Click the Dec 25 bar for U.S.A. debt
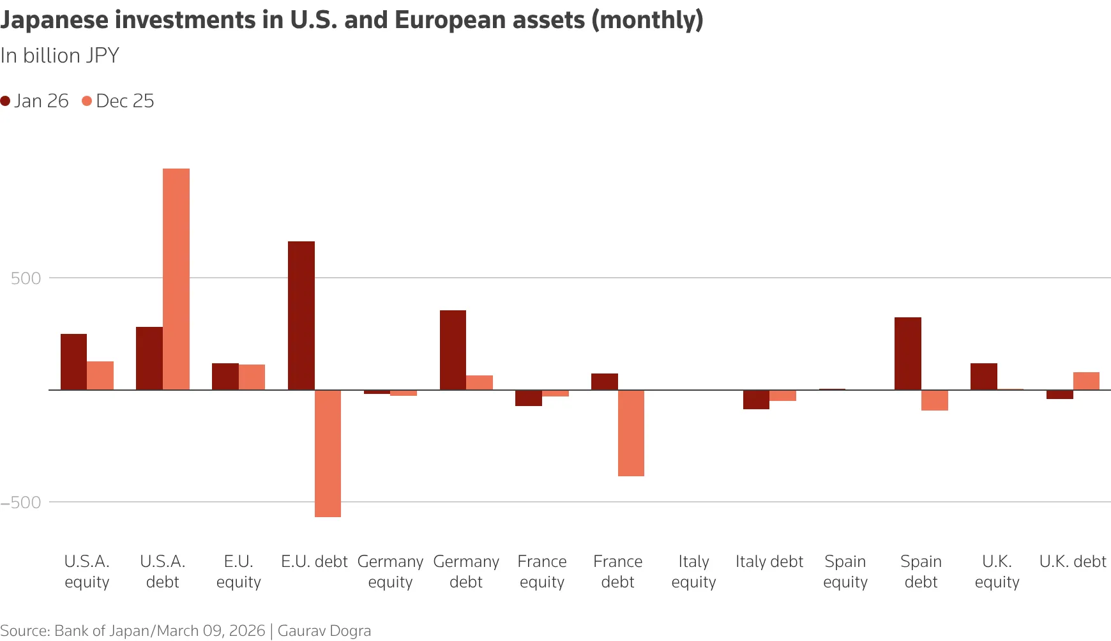176,279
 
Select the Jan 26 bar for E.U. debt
301,315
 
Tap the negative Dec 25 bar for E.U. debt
328,453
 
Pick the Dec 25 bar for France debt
631,433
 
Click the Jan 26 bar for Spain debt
908,354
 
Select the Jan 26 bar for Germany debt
453,350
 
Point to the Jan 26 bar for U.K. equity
984,377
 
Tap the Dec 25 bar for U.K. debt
1086,381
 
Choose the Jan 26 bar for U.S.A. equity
73,362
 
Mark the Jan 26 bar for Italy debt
756,400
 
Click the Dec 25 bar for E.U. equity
252,377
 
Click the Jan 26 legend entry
34,101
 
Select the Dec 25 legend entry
118,101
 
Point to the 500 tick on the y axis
26,278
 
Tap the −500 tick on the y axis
21,502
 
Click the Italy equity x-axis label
693,571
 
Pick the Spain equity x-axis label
845,571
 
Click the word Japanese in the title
54,20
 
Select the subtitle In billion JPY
59,56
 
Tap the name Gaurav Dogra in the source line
324,631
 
